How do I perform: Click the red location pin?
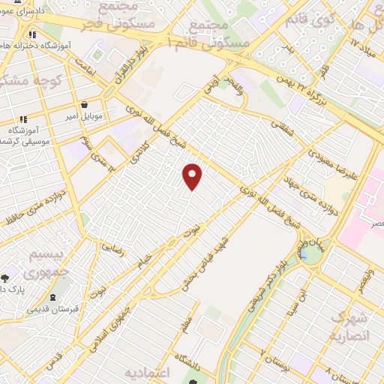click(193, 175)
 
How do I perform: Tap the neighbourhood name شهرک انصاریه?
click(351, 325)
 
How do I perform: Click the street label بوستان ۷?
click(274, 352)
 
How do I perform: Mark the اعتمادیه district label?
click(148, 373)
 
